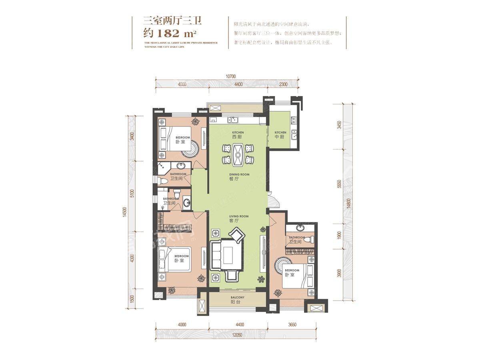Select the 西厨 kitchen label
click(238, 137)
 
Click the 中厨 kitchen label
click(280, 137)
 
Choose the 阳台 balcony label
click(238, 302)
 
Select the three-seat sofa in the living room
click(216, 255)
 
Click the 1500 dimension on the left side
click(132, 299)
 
